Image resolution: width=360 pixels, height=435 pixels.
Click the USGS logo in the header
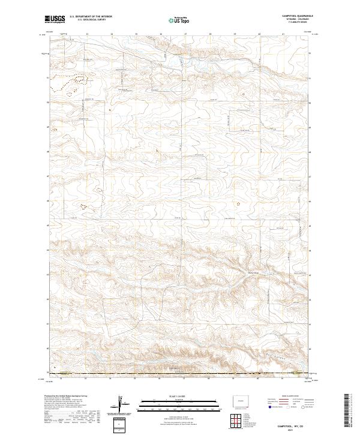pyautogui.click(x=55, y=20)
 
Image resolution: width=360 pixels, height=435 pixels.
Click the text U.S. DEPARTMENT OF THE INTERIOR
pyautogui.click(x=91, y=17)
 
